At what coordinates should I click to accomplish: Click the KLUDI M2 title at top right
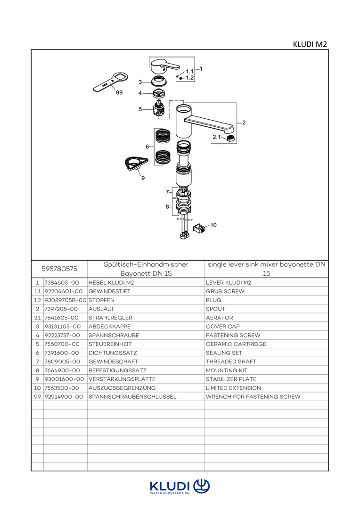(310, 44)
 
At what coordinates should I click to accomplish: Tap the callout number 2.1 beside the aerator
(216, 137)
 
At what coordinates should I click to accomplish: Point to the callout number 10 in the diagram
(213, 225)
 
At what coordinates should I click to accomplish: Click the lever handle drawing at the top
(164, 66)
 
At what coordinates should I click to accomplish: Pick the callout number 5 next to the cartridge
(140, 109)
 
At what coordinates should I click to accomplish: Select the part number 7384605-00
(61, 283)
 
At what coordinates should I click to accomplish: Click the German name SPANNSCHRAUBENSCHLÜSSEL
(132, 397)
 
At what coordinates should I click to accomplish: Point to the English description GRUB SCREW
(225, 292)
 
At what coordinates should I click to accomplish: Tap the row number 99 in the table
(37, 397)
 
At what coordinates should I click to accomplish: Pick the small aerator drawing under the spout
(230, 138)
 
